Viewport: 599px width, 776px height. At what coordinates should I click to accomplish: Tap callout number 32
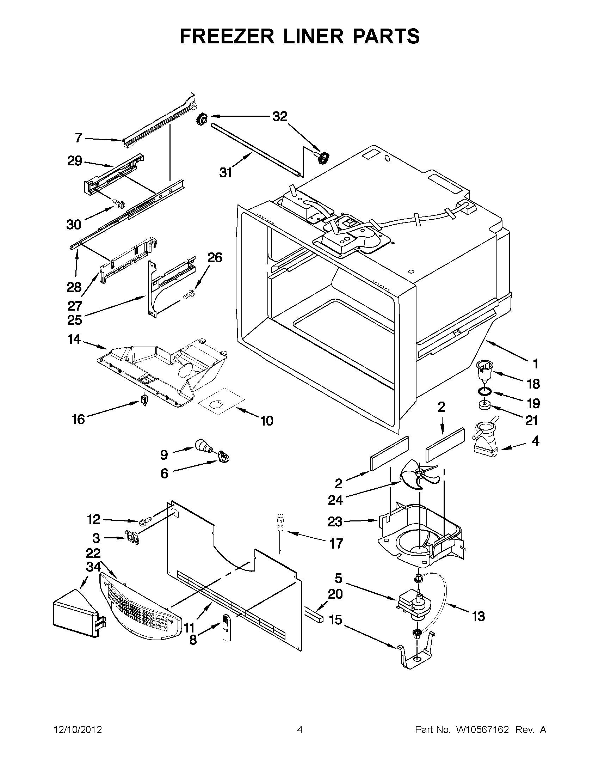pos(280,117)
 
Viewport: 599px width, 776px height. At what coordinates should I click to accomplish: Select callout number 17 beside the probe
pos(336,543)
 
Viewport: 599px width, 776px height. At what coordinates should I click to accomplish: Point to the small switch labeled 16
pos(144,400)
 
